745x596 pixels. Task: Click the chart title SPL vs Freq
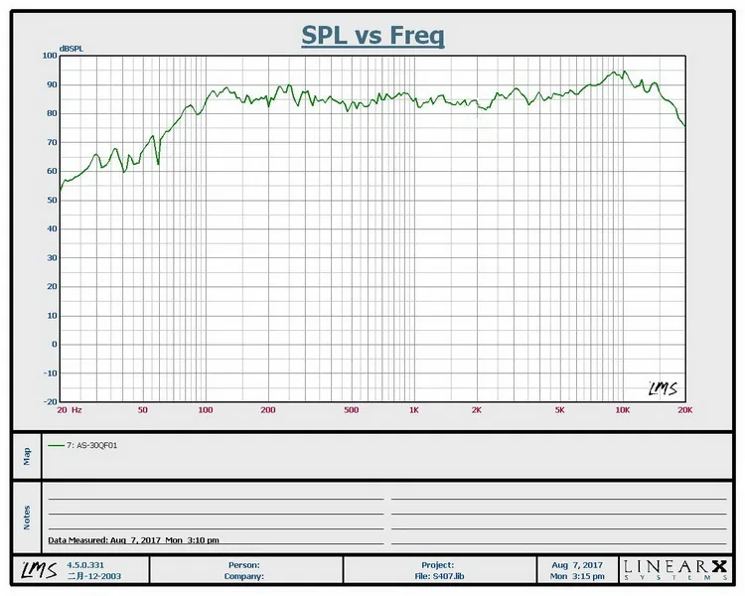[372, 36]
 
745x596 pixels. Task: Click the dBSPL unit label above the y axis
[71, 48]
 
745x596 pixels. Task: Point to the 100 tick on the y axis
[50, 56]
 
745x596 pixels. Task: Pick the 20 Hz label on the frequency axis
[69, 410]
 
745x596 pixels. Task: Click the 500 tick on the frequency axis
[351, 410]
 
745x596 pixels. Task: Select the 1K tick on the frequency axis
[413, 410]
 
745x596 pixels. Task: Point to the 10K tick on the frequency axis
[622, 410]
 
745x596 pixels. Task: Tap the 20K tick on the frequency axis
[683, 410]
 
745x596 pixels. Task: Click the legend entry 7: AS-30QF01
[94, 445]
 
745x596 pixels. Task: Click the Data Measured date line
[133, 540]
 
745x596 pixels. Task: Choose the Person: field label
[243, 564]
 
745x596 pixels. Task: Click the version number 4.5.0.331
[82, 564]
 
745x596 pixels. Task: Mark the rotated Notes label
[27, 517]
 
